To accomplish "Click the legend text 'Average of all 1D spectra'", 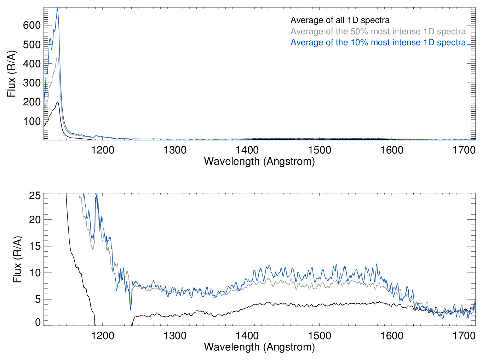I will [x=340, y=21].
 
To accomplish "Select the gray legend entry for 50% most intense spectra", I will [x=378, y=31].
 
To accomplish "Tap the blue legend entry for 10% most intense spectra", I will [x=378, y=42].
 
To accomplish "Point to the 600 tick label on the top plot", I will [x=32, y=25].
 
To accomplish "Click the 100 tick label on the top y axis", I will [x=32, y=121].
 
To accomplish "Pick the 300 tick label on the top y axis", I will [x=32, y=83].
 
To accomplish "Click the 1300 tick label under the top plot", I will [x=175, y=150].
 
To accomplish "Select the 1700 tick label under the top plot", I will [x=464, y=150].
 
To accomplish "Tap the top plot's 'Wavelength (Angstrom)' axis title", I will [x=259, y=162].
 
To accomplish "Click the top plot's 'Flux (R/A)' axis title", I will [x=12, y=74].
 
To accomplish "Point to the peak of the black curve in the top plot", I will [x=57, y=102].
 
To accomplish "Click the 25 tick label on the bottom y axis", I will [x=35, y=196].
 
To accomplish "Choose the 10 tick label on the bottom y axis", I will [x=35, y=273].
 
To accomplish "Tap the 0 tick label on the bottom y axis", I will [x=38, y=322].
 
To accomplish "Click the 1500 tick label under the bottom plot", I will [x=320, y=335].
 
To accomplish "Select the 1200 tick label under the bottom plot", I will [x=103, y=335].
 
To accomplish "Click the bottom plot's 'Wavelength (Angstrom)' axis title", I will [x=259, y=347].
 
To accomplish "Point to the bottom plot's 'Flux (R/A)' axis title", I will [x=17, y=259].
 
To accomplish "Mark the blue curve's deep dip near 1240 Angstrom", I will [x=131, y=309].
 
